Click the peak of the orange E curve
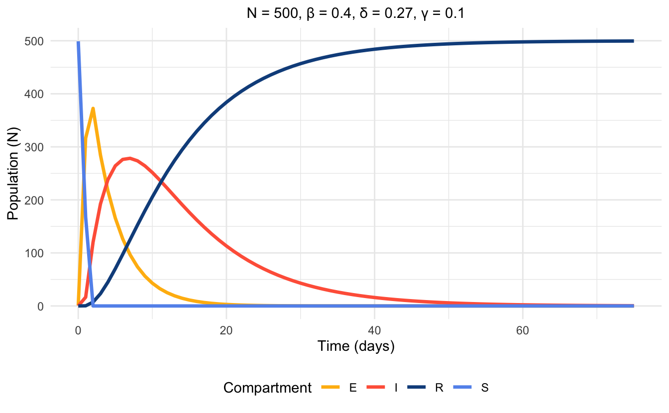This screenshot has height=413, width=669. (93, 108)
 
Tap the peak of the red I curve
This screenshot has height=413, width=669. (130, 158)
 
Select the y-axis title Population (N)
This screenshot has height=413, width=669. (13, 173)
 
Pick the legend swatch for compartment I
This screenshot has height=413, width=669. (376, 388)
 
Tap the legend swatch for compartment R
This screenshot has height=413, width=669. (417, 388)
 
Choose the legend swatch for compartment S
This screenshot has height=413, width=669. (462, 388)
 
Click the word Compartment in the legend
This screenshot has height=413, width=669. (267, 388)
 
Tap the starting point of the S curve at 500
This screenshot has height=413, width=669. (78, 42)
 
